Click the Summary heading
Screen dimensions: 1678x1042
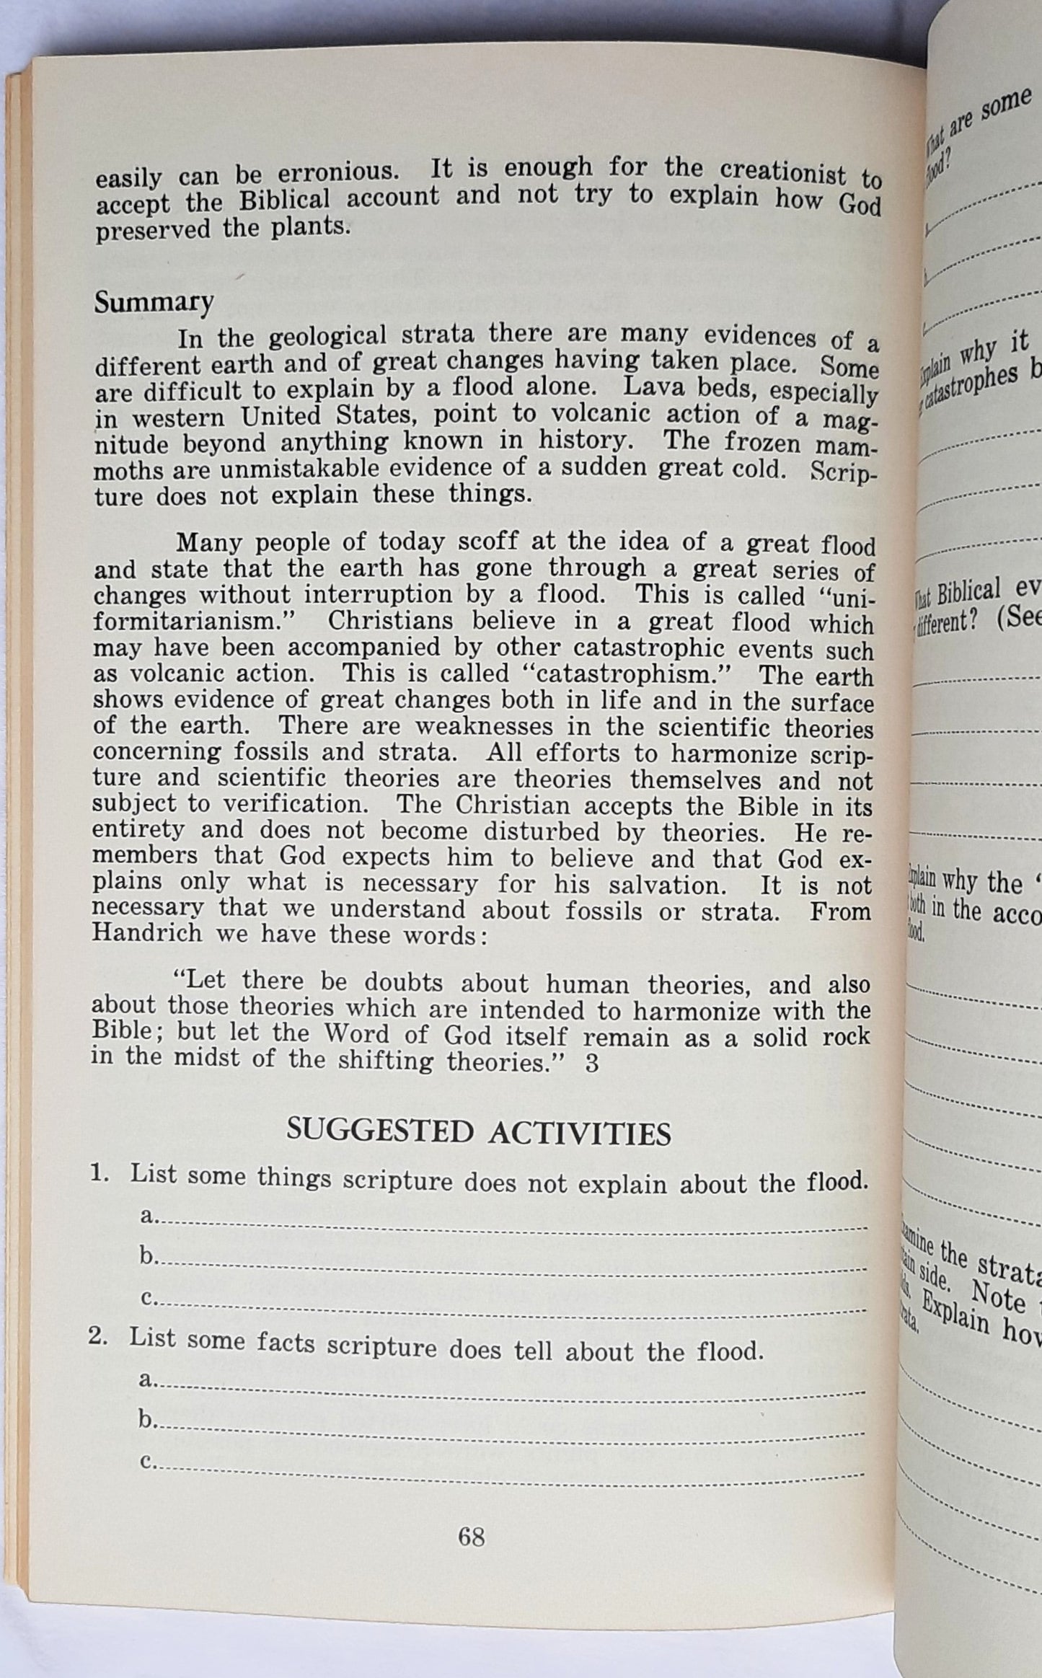point(154,302)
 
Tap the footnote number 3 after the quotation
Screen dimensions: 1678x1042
point(592,1064)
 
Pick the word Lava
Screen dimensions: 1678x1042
point(652,387)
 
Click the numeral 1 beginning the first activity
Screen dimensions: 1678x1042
point(100,1173)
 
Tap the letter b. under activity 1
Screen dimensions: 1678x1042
point(149,1256)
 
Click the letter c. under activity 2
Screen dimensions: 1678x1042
point(147,1461)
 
